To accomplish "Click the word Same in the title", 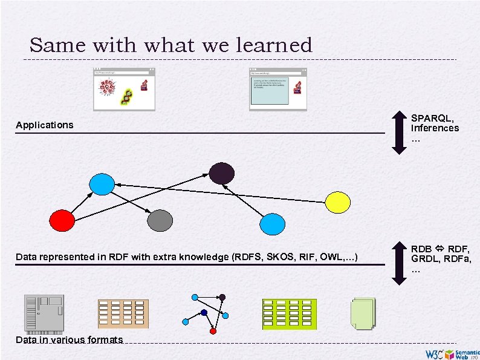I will (x=51, y=45).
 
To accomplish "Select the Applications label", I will (x=44, y=125).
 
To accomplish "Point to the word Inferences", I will (x=435, y=128).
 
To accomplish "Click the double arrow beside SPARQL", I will (x=397, y=129).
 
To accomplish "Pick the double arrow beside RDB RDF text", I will (x=397, y=263).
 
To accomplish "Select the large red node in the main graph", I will (x=62, y=220).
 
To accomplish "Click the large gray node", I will (x=161, y=220).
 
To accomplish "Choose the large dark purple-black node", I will (x=221, y=173).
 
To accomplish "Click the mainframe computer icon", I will (x=43, y=314).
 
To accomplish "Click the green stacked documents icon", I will (x=362, y=314).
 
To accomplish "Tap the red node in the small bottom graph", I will (x=213, y=332).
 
